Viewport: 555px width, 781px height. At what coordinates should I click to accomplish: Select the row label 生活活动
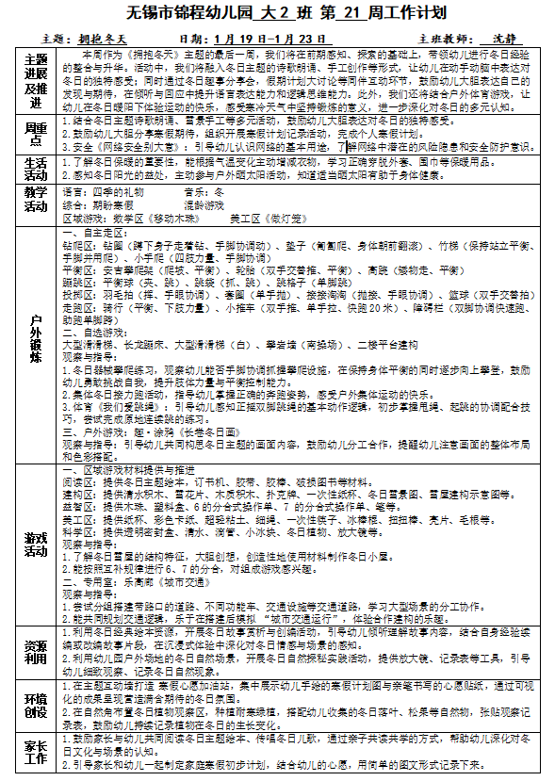[36, 169]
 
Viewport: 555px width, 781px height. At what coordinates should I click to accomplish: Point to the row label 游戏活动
[36, 543]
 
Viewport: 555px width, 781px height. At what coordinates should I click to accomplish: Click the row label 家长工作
[36, 752]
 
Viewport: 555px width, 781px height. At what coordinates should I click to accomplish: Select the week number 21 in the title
[321, 13]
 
